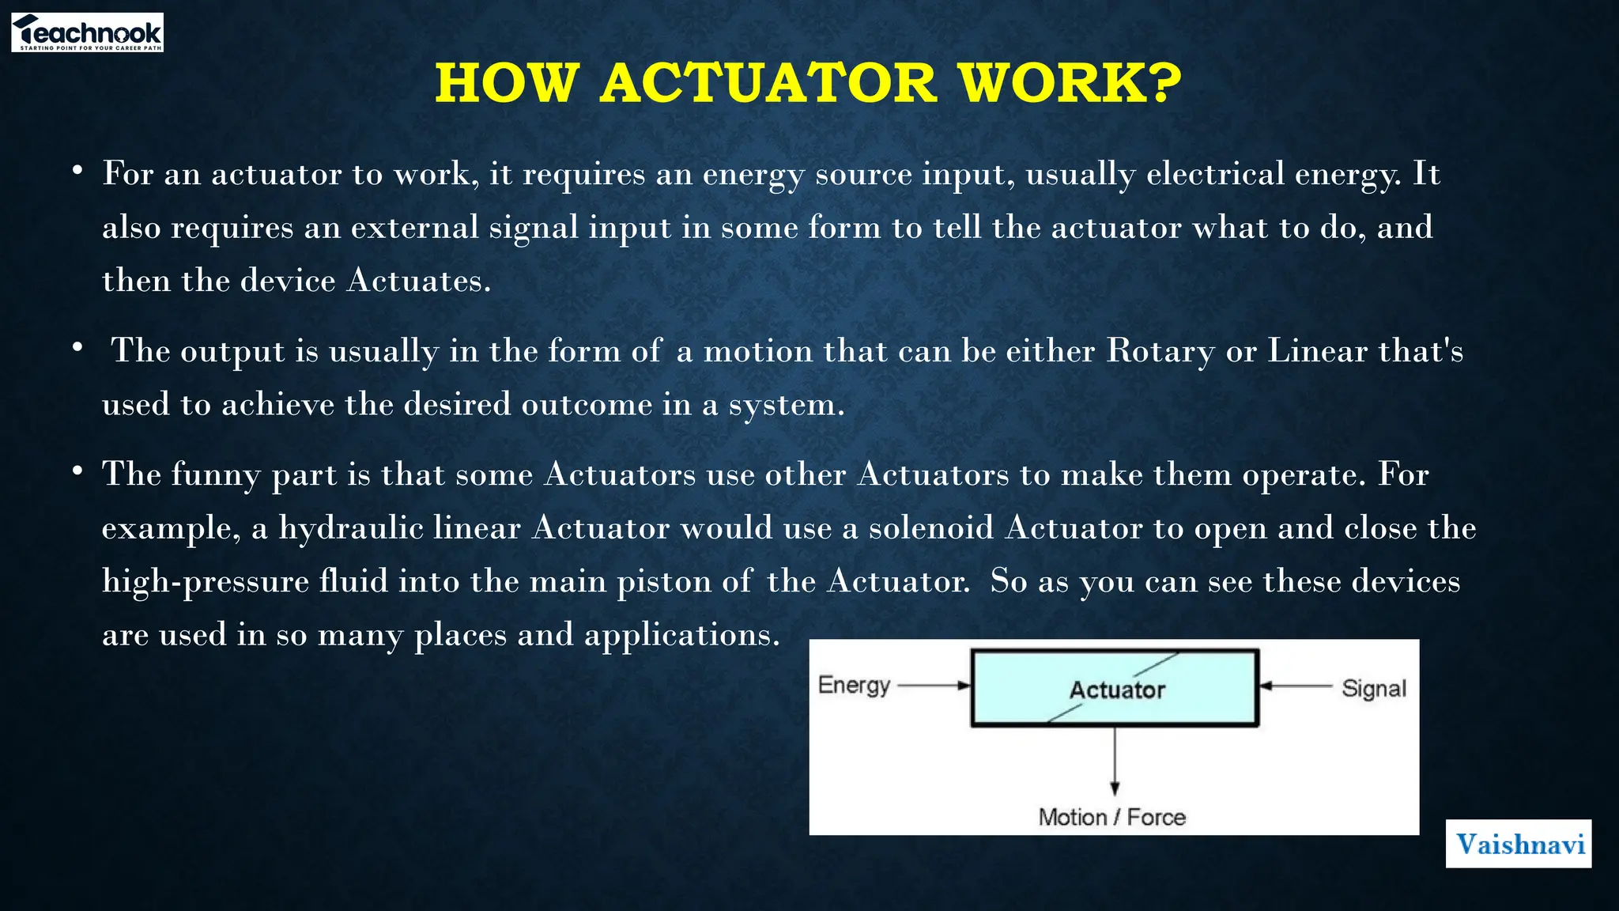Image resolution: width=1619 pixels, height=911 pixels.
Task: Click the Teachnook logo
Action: tap(87, 33)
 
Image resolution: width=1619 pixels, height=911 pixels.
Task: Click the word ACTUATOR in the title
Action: tap(768, 83)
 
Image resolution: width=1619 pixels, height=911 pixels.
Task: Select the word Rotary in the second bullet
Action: tap(1160, 351)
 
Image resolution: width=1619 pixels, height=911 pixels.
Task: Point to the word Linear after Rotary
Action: tap(1317, 351)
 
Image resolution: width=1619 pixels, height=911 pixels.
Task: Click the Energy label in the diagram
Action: tap(854, 685)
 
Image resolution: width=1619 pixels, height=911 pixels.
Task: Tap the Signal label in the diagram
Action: tap(1374, 688)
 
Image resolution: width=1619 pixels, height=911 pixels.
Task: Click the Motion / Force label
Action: tap(1111, 817)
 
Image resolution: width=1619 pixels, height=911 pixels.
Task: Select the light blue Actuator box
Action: tap(1115, 688)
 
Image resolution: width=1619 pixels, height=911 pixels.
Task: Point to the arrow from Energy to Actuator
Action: tap(933, 686)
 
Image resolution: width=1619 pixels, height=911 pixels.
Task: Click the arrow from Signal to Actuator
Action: tap(1296, 686)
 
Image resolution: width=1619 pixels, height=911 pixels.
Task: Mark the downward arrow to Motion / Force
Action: tap(1115, 759)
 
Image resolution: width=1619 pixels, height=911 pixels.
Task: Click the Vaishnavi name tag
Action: tap(1519, 844)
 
